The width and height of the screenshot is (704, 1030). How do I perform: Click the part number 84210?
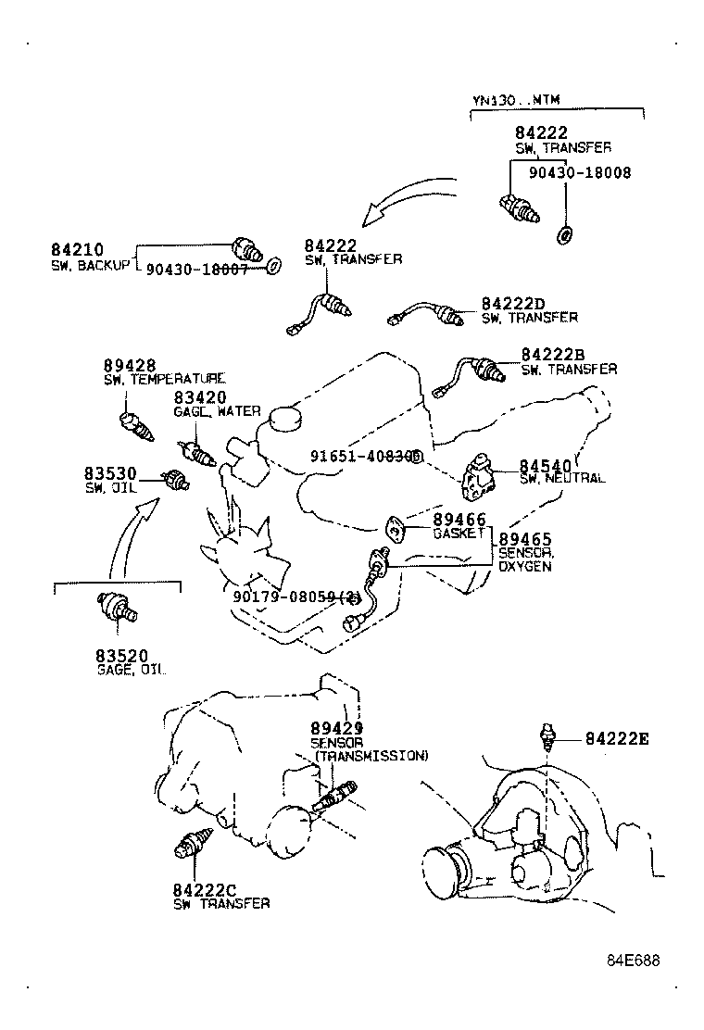coord(76,250)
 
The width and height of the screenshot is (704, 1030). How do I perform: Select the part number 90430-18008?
coord(580,172)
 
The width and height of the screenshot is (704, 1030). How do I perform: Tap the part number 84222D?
coord(512,304)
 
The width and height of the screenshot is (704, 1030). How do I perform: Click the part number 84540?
coord(547,465)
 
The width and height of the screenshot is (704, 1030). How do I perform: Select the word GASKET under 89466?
coord(459,535)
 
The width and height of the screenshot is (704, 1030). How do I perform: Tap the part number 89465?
coord(525,539)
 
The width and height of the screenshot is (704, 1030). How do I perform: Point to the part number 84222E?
coord(617,738)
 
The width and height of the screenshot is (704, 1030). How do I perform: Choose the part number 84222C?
coord(205,889)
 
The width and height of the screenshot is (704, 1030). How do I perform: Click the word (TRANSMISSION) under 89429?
coord(371,756)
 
